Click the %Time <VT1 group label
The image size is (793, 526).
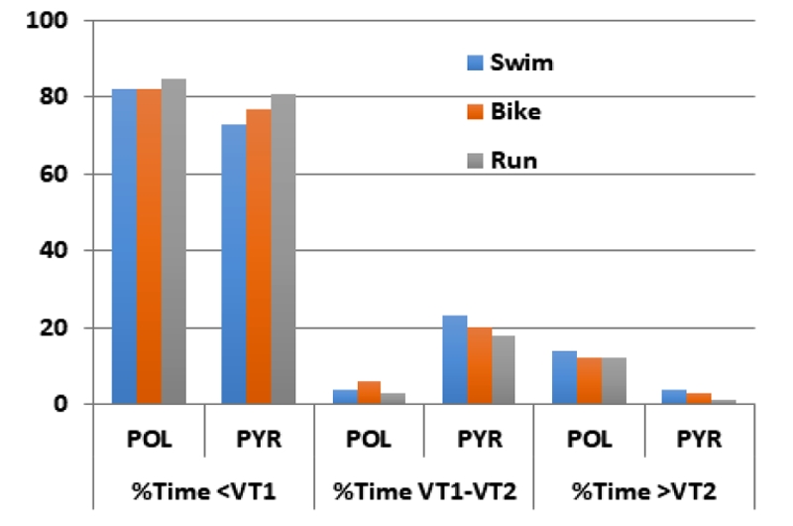204,490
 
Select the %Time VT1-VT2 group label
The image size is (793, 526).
425,490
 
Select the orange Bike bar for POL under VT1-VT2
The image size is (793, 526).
369,393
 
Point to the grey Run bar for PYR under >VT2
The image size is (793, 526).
725,402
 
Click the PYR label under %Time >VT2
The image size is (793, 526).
701,438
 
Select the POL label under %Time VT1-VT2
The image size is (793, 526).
370,438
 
